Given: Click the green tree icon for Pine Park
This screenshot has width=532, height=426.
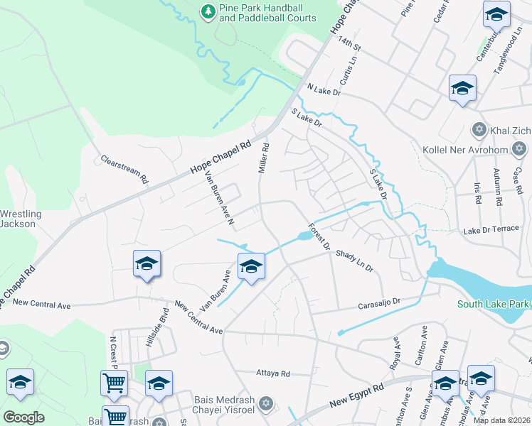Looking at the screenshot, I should point(207,11).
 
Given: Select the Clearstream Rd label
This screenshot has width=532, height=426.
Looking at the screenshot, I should point(124,169).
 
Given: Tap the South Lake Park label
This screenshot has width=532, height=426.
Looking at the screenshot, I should point(494,304).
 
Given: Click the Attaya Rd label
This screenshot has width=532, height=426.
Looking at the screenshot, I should point(273,373).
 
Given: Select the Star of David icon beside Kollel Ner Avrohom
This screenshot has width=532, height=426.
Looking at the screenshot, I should point(519,149).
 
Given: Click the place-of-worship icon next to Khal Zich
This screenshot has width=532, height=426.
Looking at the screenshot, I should point(479,130).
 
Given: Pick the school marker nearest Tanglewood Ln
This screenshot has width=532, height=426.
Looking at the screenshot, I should point(496,13).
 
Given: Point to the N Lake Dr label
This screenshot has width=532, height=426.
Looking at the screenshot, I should point(324,90).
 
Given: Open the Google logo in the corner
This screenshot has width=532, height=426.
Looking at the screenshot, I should point(23,417).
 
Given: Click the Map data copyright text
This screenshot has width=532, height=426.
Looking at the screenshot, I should point(501,420).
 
